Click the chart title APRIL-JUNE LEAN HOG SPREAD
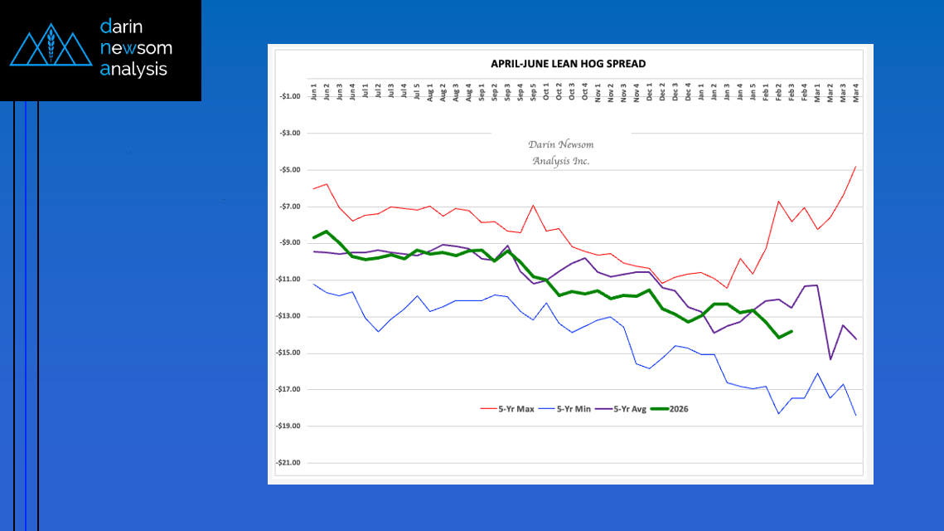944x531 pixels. coord(568,64)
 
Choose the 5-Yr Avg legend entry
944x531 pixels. coord(626,409)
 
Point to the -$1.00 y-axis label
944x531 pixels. coord(290,96)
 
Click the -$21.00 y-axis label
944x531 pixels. coord(288,463)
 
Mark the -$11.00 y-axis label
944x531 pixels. coord(288,280)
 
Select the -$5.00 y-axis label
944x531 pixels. coord(290,170)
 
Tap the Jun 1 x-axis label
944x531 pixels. coord(314,92)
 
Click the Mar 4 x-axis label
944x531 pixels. coord(855,92)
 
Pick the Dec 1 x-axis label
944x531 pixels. coord(650,92)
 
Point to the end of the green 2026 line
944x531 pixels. coord(792,331)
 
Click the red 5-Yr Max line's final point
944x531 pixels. coord(855,166)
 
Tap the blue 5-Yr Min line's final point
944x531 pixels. coord(855,415)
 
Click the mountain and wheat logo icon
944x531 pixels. coord(51,49)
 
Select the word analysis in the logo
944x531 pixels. coord(133,70)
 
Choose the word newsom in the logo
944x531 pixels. coord(136,48)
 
